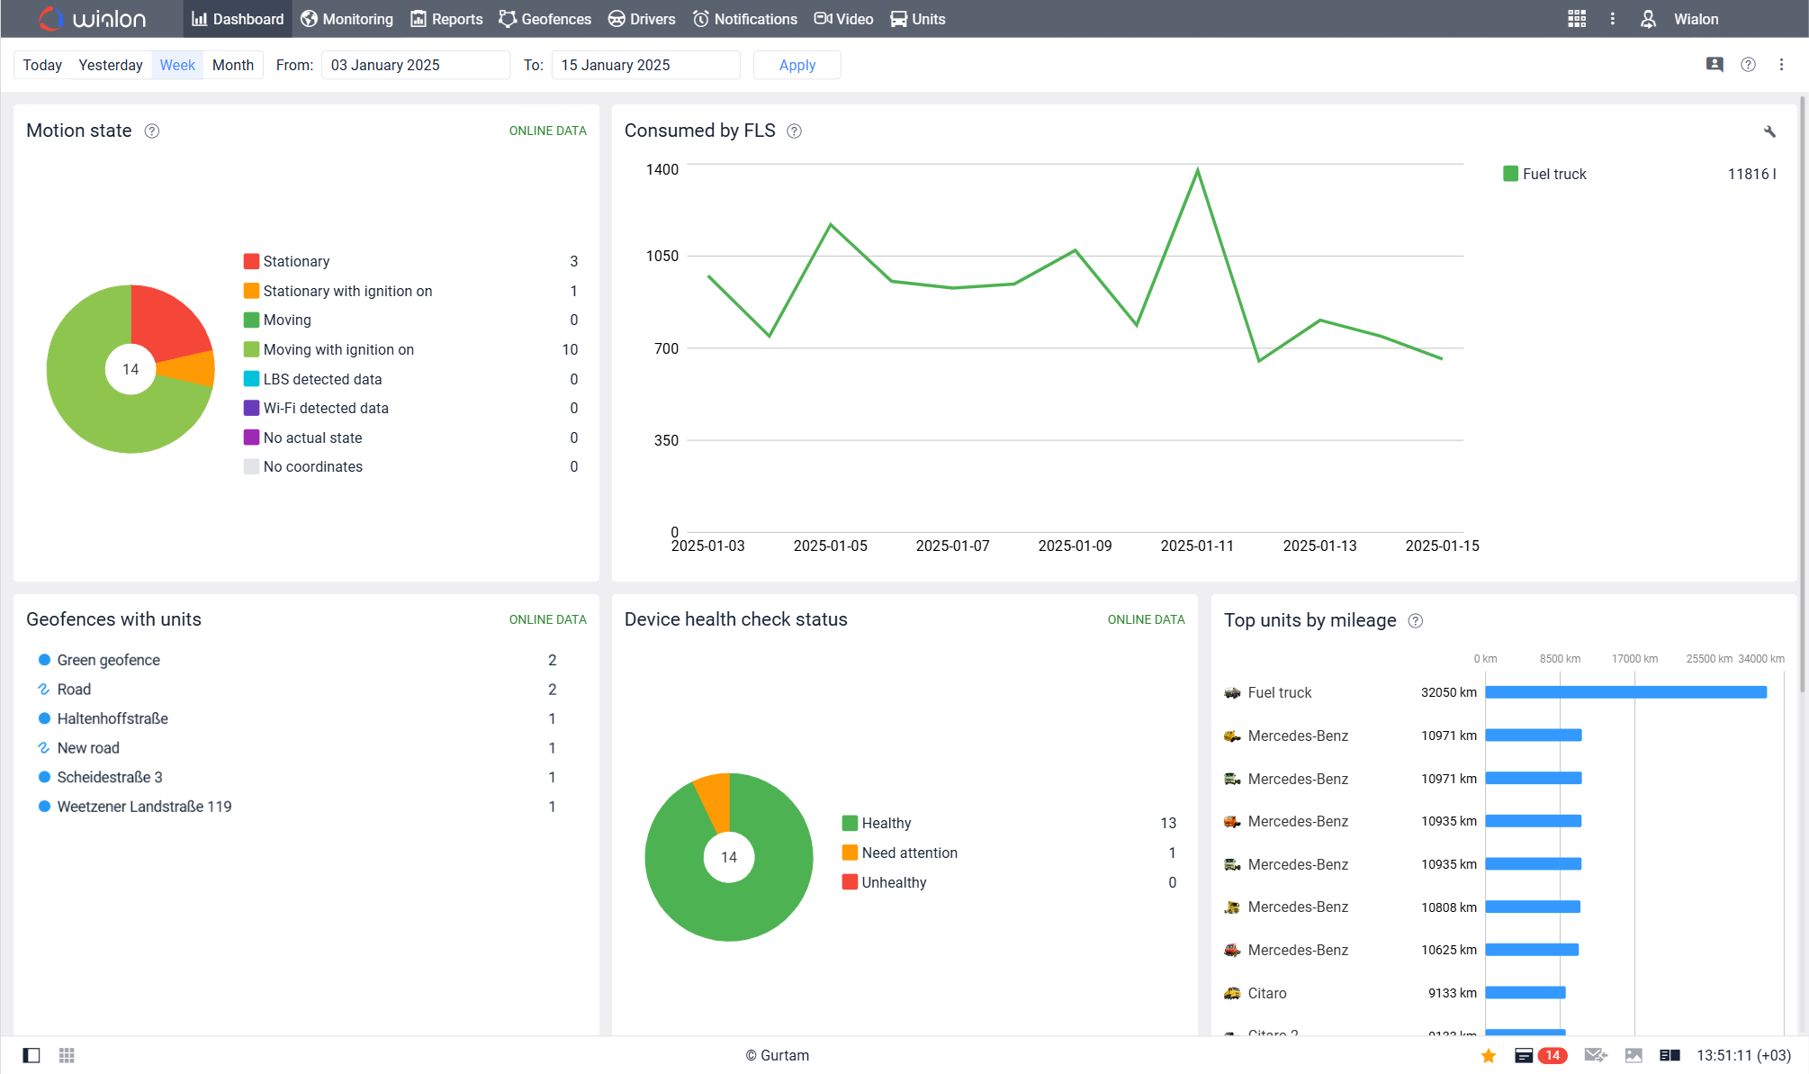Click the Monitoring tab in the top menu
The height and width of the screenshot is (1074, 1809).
[x=347, y=19]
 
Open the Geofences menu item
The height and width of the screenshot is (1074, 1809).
[x=545, y=19]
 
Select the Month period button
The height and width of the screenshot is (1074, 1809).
[x=232, y=65]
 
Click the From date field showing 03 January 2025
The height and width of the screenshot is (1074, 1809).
[x=414, y=65]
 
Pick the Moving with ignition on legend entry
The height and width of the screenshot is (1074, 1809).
[x=338, y=349]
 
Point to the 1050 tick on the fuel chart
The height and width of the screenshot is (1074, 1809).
[x=662, y=257]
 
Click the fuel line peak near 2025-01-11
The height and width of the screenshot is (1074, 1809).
[x=1197, y=170]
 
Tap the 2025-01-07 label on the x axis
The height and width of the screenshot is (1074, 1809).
[x=952, y=546]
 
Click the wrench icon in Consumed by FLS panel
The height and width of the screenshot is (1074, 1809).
[x=1769, y=131]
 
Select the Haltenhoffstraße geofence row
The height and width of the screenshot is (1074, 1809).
[x=112, y=718]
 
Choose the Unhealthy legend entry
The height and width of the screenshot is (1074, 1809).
[x=893, y=882]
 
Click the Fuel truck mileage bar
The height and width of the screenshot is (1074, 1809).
[x=1625, y=692]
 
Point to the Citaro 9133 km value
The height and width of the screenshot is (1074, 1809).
[x=1452, y=993]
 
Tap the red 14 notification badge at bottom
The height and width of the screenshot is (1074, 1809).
[x=1552, y=1055]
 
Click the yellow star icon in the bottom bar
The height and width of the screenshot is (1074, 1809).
[x=1489, y=1055]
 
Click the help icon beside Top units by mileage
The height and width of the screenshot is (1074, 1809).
[x=1416, y=620]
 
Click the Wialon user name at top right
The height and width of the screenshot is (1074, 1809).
[x=1696, y=19]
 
